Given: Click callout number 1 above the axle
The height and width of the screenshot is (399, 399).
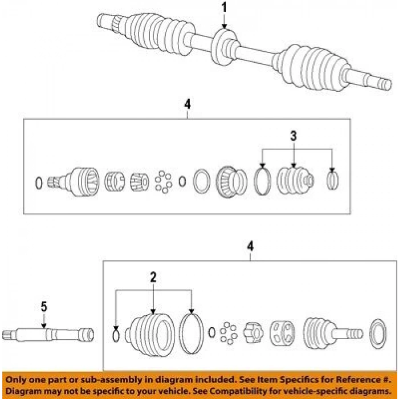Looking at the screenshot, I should pyautogui.click(x=224, y=8).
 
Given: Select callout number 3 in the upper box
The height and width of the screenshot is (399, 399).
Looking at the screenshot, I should pyautogui.click(x=294, y=136).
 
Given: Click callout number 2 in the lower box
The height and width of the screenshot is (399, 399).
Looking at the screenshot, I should pyautogui.click(x=153, y=278).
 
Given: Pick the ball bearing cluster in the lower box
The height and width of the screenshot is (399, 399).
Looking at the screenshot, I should pyautogui.click(x=228, y=332).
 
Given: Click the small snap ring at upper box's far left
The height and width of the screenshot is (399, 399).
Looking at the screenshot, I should pyautogui.click(x=39, y=183).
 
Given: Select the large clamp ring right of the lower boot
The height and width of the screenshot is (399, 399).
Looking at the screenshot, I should pyautogui.click(x=192, y=333).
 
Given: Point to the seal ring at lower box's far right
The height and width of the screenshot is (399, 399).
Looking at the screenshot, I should pyautogui.click(x=377, y=334).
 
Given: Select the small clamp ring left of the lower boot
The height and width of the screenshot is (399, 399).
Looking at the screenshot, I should pyautogui.click(x=116, y=336).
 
